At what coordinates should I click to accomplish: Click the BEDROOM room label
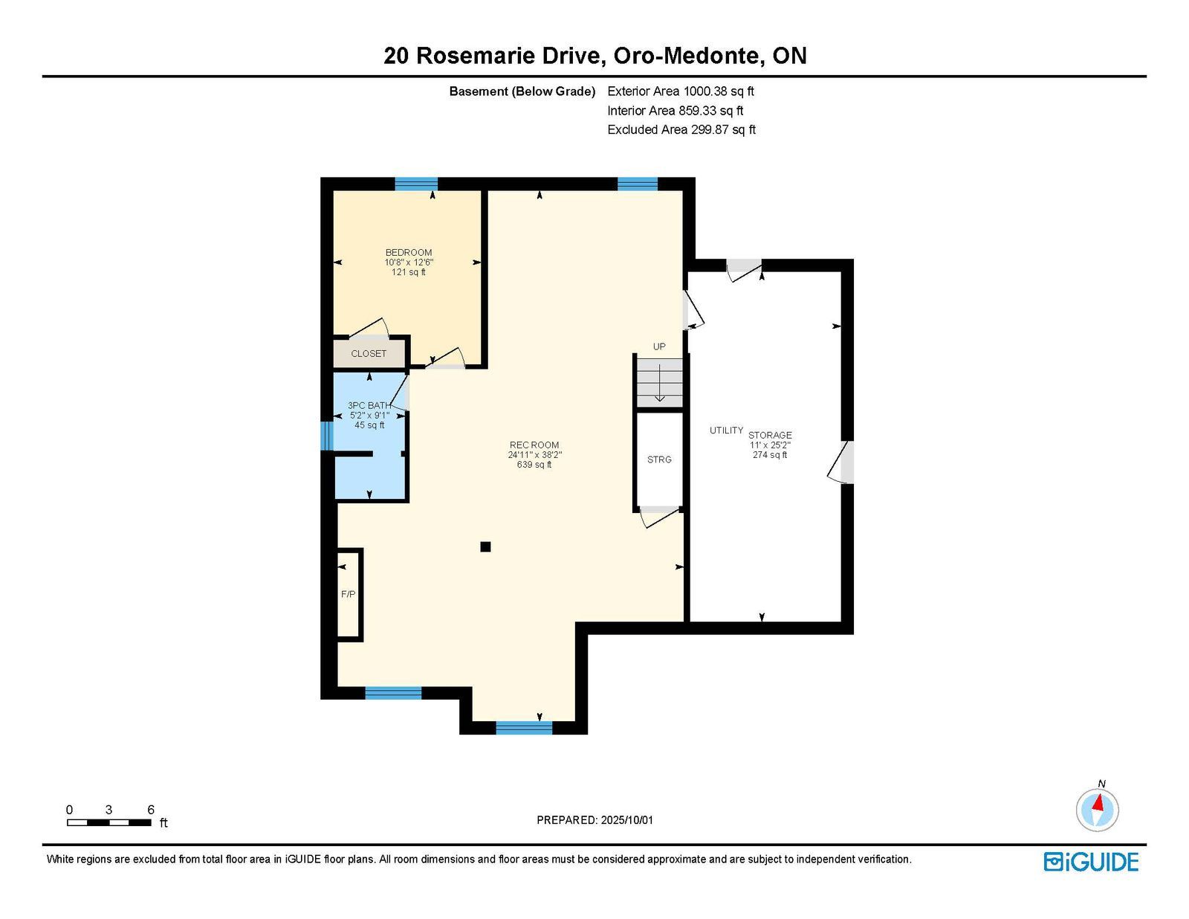pos(408,252)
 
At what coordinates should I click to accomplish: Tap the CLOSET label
pos(369,354)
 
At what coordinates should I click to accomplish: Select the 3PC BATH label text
pos(369,405)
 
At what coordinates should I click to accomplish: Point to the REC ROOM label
pos(534,445)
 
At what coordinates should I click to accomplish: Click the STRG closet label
pos(659,459)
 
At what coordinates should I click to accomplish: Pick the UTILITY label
pos(726,431)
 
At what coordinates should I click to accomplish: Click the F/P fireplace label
pos(348,594)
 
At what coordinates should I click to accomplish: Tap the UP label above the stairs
pos(659,346)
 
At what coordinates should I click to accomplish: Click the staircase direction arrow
pos(659,382)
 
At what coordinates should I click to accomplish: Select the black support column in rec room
pos(485,546)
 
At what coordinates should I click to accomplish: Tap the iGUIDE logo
pos(1091,862)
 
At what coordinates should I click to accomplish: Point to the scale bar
pos(109,822)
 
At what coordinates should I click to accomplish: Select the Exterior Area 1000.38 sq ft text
pos(681,91)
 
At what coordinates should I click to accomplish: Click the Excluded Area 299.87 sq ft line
pos(681,129)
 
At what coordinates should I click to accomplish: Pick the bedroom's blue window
pos(416,184)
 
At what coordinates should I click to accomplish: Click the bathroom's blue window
pos(327,436)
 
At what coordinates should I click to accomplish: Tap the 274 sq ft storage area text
pos(770,455)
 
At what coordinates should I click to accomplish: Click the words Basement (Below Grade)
pos(522,91)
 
